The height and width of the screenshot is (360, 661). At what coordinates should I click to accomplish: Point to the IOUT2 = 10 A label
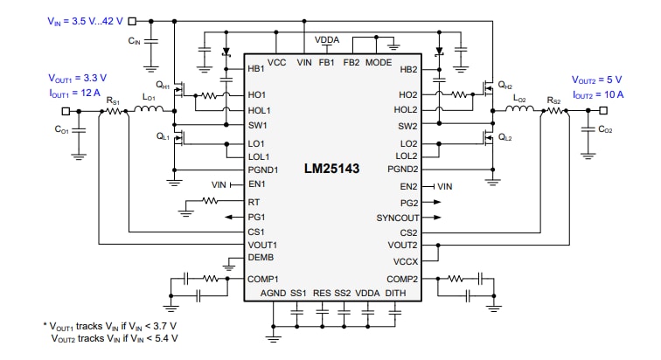pyautogui.click(x=598, y=93)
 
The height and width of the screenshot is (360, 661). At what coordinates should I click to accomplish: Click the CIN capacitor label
pyautogui.click(x=134, y=40)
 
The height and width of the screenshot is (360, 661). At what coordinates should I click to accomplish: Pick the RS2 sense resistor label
pyautogui.click(x=553, y=100)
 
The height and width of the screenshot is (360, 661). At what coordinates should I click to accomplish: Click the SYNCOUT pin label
pyautogui.click(x=397, y=217)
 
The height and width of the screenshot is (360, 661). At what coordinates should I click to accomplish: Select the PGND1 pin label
pyautogui.click(x=263, y=170)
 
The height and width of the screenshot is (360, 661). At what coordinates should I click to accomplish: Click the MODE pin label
pyautogui.click(x=379, y=63)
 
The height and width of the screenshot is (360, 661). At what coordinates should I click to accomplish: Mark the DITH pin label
pyautogui.click(x=396, y=293)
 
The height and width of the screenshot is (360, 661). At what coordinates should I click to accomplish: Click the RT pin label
pyautogui.click(x=254, y=201)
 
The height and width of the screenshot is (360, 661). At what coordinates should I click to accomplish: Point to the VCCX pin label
pyautogui.click(x=406, y=260)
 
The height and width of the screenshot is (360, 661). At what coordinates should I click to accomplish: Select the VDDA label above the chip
pyautogui.click(x=328, y=39)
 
